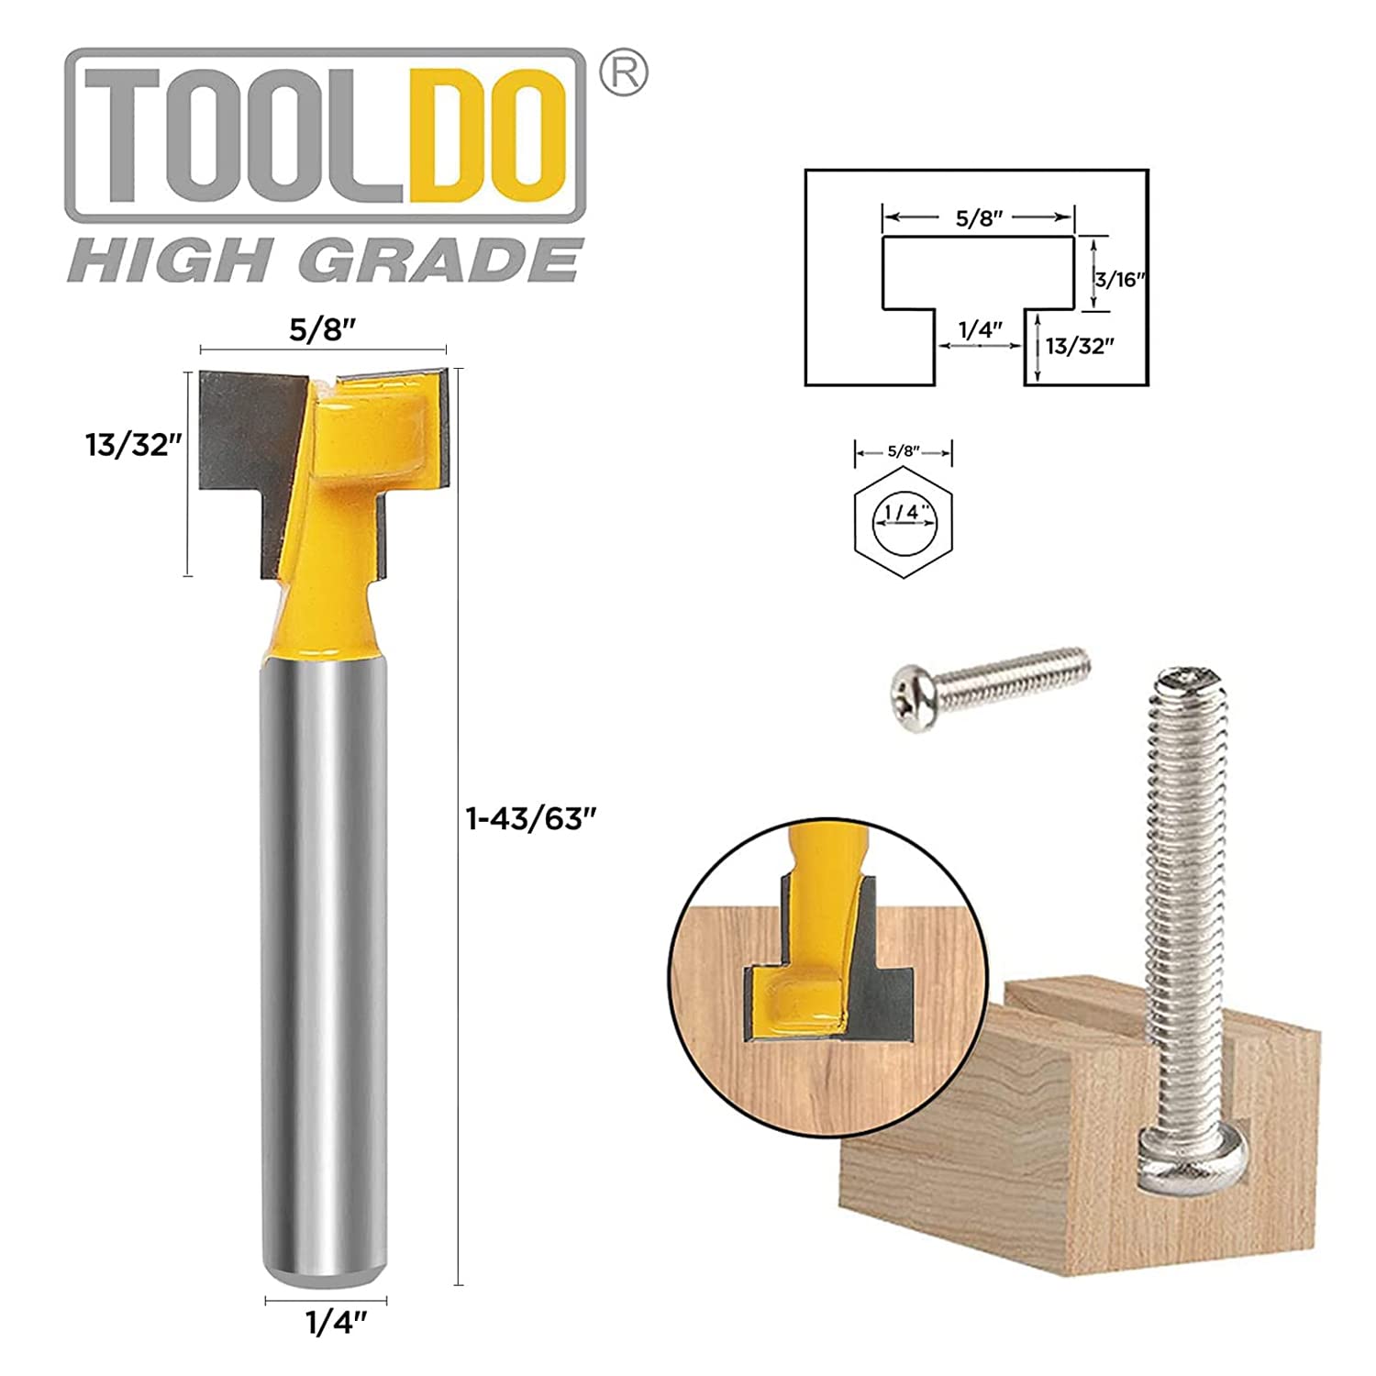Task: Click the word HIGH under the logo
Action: coord(174,261)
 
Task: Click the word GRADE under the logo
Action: coord(441,261)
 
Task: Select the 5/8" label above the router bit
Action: coord(321,330)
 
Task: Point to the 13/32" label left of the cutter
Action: coord(128,445)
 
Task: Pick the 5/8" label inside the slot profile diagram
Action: coord(979,218)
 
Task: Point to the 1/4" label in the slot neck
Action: coord(980,330)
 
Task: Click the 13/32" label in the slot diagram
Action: coord(1080,346)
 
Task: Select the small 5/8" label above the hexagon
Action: coord(904,451)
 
